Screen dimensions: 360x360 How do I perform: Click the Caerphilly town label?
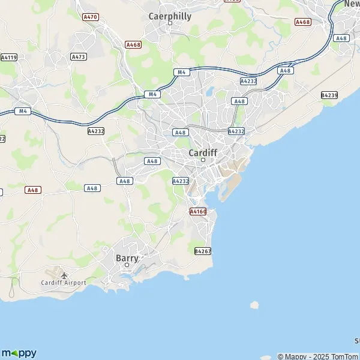coord(170,16)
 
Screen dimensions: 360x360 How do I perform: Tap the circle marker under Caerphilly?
coord(170,23)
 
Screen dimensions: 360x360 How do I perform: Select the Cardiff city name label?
coord(203,153)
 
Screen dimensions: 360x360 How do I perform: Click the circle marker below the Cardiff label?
coord(203,160)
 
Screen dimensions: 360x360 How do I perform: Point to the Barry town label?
coord(127,258)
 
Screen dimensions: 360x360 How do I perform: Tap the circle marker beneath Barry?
coord(127,265)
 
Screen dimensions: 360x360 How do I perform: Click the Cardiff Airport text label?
coord(64,283)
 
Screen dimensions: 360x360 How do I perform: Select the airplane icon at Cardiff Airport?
coord(64,275)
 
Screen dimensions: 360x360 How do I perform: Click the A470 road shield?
coord(91,17)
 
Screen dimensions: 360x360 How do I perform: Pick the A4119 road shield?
coord(8,58)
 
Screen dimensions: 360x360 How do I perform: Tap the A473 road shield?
coord(78,56)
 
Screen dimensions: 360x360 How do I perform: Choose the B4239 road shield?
coord(329,95)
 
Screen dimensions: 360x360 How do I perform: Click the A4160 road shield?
coord(197,212)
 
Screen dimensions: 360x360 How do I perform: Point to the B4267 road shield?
coord(203,251)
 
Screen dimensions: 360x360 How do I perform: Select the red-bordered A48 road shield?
coord(33,190)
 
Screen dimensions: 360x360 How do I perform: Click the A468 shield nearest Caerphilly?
coord(133,44)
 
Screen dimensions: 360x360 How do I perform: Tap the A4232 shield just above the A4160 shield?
coord(181,181)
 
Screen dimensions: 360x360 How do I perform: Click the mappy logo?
coord(19,353)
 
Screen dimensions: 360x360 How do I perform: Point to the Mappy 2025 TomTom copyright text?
coord(318,356)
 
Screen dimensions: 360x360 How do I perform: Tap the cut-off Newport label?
coord(352,4)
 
